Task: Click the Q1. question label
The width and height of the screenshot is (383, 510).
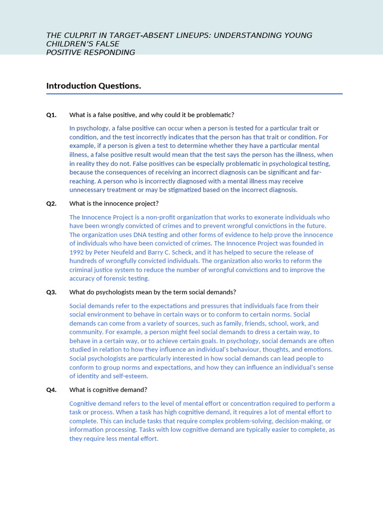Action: pyautogui.click(x=51, y=115)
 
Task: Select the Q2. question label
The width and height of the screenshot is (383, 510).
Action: pyautogui.click(x=51, y=204)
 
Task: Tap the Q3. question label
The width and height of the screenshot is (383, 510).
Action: pyautogui.click(x=51, y=292)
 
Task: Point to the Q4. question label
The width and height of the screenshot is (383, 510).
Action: pyautogui.click(x=51, y=390)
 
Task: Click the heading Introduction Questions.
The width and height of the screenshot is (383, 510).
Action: pyautogui.click(x=94, y=86)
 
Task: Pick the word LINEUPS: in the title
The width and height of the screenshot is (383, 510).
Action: pyautogui.click(x=192, y=35)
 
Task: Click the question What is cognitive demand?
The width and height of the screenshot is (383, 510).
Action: pyautogui.click(x=108, y=390)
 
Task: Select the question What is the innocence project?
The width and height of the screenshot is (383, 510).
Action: pyautogui.click(x=114, y=204)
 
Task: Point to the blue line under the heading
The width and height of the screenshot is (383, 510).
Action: pyautogui.click(x=194, y=94)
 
